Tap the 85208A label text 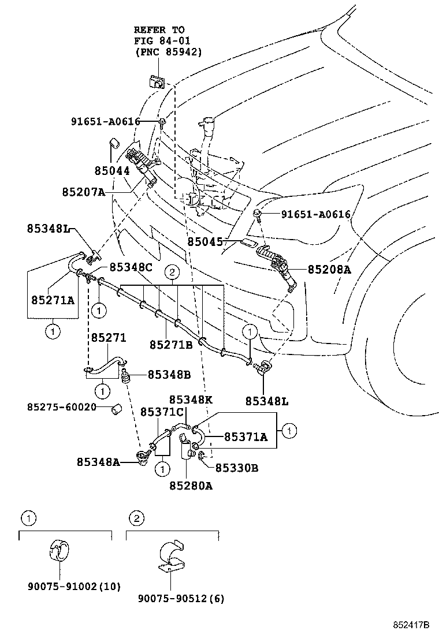point(329,269)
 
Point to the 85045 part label point(204,240)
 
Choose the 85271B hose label point(171,345)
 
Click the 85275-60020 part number point(61,407)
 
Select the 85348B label point(169,374)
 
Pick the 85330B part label point(237,468)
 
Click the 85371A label point(245,437)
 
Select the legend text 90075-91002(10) point(74,587)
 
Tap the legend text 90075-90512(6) point(181,599)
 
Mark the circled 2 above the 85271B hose point(172,271)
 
